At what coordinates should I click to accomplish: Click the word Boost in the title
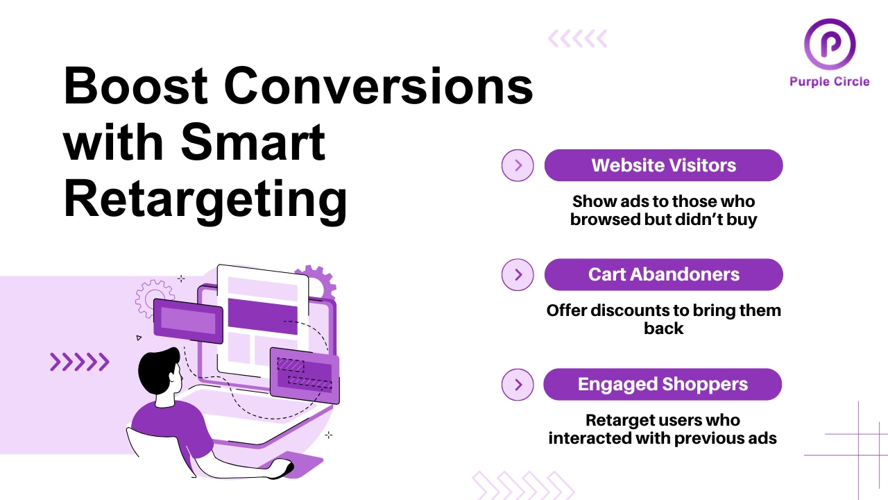[x=136, y=87]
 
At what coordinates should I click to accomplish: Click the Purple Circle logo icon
[x=829, y=43]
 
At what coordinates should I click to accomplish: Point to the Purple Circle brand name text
[x=829, y=82]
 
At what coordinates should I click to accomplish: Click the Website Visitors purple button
[x=663, y=165]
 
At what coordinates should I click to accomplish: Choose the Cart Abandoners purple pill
[x=663, y=274]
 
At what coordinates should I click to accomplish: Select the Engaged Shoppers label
[x=663, y=384]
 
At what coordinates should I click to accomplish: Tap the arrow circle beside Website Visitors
[x=518, y=165]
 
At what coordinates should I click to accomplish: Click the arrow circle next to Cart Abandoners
[x=518, y=274]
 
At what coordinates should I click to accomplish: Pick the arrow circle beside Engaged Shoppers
[x=518, y=384]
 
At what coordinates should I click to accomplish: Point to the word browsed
[x=602, y=220]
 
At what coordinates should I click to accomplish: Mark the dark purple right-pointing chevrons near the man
[x=79, y=362]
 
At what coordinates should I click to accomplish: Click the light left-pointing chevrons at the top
[x=577, y=39]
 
